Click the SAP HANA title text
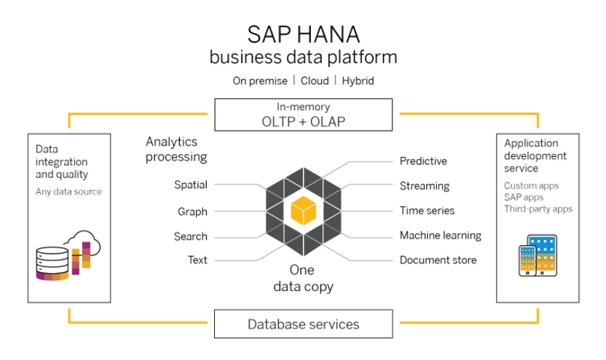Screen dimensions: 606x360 303,35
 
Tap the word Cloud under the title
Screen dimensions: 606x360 314,81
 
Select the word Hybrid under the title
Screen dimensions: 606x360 358,81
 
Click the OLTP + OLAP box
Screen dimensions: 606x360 303,115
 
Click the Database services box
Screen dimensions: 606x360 303,323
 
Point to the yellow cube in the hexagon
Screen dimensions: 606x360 303,210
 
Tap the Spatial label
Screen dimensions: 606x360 191,185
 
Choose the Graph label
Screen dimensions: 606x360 193,211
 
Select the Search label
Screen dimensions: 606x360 191,236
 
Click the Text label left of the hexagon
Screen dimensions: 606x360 198,260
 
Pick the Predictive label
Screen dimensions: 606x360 423,161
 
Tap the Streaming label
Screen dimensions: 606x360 425,186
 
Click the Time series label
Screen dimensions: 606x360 427,211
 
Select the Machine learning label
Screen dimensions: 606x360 441,236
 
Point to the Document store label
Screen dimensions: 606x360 438,260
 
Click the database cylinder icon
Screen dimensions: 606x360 53,263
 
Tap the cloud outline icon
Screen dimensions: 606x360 83,243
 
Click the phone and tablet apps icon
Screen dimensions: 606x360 538,256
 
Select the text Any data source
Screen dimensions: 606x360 69,191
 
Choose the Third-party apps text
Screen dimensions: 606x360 538,209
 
